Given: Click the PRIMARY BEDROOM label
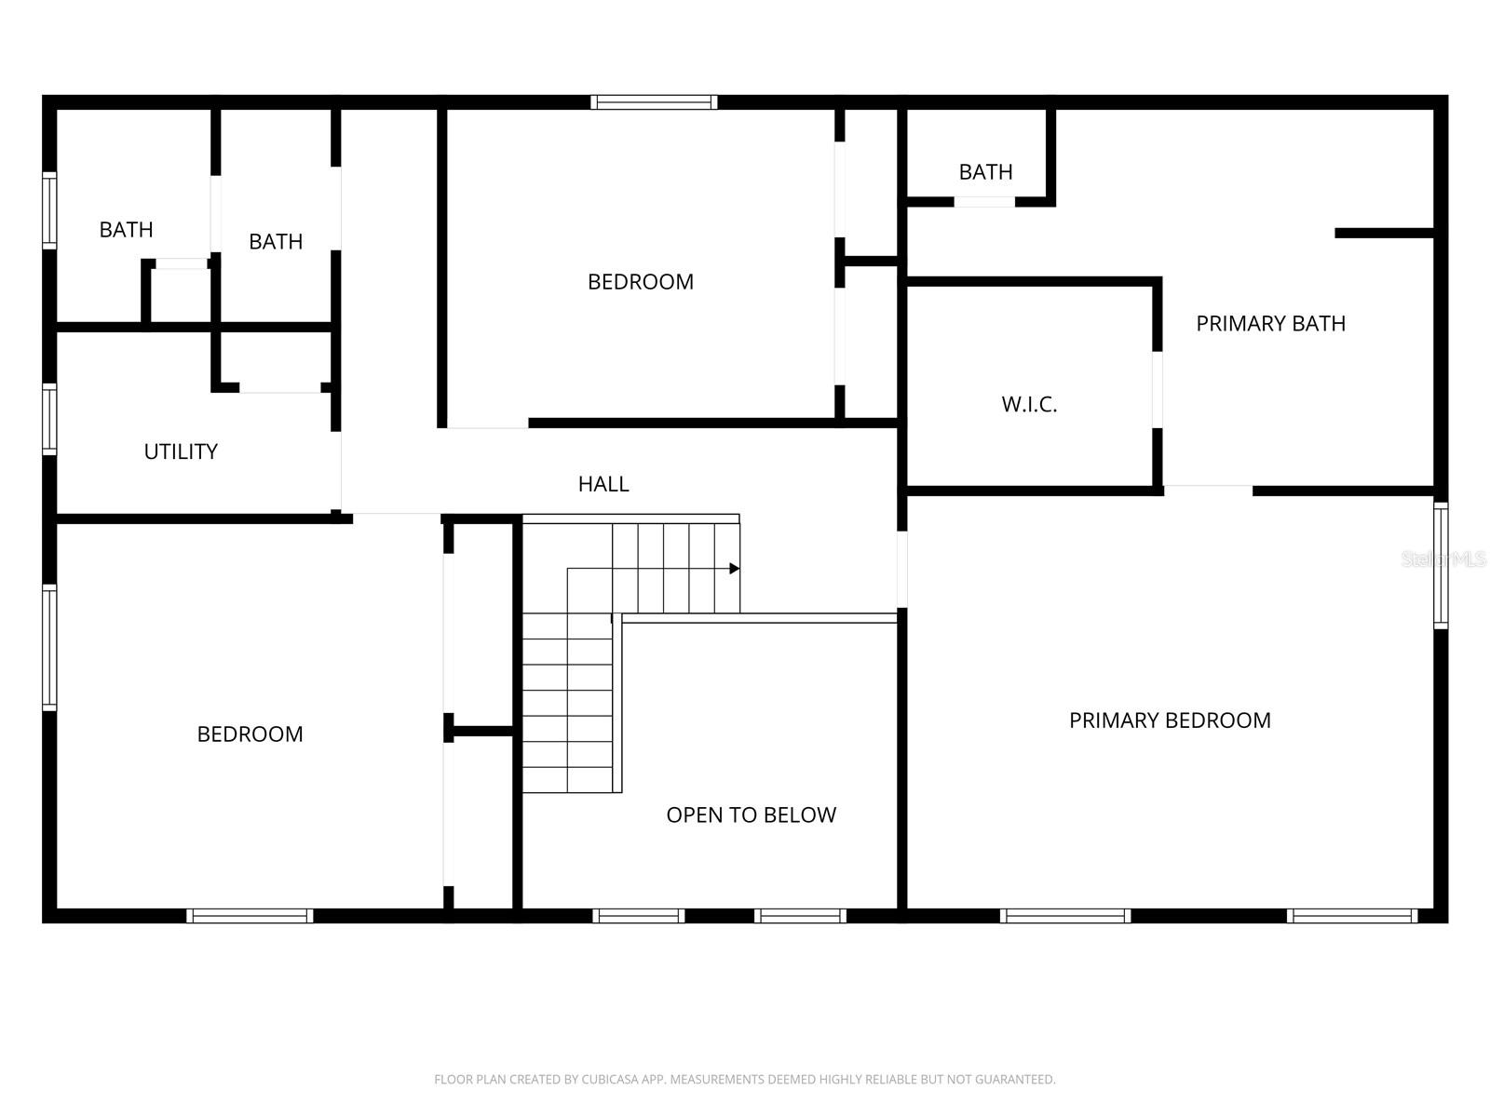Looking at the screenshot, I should pyautogui.click(x=1170, y=720).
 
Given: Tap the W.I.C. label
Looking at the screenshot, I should pyautogui.click(x=1029, y=405).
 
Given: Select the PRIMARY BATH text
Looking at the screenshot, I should pyautogui.click(x=1270, y=324).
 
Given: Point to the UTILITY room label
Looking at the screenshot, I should pyautogui.click(x=181, y=451).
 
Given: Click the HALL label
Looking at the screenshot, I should pyautogui.click(x=603, y=484).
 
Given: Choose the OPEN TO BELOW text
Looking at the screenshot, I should pyautogui.click(x=751, y=815).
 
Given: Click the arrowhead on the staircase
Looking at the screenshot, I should pyautogui.click(x=734, y=569).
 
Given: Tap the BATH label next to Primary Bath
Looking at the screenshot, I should pyautogui.click(x=985, y=172).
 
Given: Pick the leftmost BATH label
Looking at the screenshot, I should pyautogui.click(x=126, y=230).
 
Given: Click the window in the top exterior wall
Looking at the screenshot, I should pyautogui.click(x=654, y=102).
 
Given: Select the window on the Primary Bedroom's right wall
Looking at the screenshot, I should pyautogui.click(x=1441, y=565).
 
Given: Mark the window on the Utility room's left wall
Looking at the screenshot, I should pyautogui.click(x=49, y=419).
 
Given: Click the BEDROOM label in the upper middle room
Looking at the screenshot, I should pyautogui.click(x=640, y=282).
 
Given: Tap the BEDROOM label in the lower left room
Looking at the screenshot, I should pyautogui.click(x=250, y=734).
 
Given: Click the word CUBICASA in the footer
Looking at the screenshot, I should pyautogui.click(x=609, y=1080).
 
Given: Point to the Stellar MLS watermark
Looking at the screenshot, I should pyautogui.click(x=1443, y=559).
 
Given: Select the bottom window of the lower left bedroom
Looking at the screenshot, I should pyautogui.click(x=250, y=916).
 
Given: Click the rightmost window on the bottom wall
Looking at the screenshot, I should pyautogui.click(x=1352, y=916).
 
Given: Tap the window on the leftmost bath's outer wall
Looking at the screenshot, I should pyautogui.click(x=49, y=210).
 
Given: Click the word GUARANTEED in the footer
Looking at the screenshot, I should pyautogui.click(x=1014, y=1080).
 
